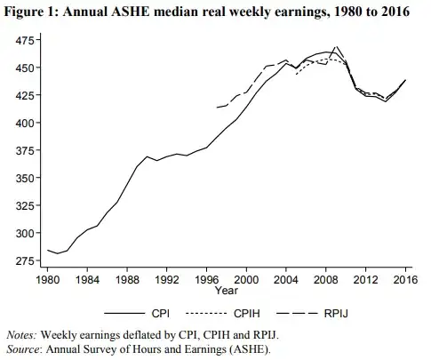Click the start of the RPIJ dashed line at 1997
click(x=217, y=108)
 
